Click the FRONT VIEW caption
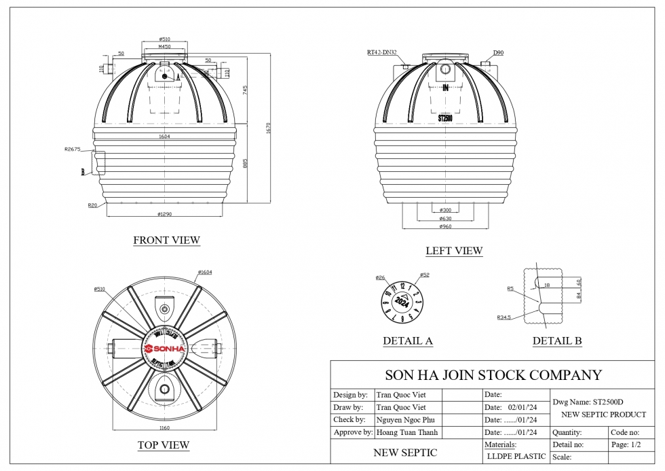click(166, 240)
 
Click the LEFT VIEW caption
click(454, 251)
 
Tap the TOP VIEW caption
click(163, 445)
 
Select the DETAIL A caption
click(408, 341)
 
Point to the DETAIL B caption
click(556, 341)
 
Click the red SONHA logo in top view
click(164, 349)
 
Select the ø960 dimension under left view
click(445, 226)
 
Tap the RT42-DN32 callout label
click(383, 52)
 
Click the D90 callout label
click(498, 52)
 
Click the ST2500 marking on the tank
click(445, 118)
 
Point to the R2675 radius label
click(73, 149)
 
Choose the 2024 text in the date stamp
click(402, 302)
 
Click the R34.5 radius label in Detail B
click(504, 317)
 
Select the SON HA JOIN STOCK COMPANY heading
click(493, 374)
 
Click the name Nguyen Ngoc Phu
click(405, 420)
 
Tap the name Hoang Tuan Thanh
click(407, 432)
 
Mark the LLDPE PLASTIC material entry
click(516, 456)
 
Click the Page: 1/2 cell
click(626, 444)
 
